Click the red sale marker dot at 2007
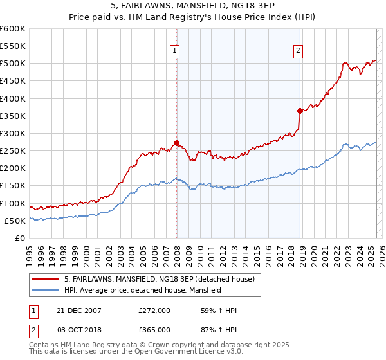pos(176,143)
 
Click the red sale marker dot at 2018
pos(300,111)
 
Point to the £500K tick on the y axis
pos(13,64)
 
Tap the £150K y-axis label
pos(13,186)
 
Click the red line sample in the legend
pos(46,279)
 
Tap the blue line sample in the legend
pos(46,291)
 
